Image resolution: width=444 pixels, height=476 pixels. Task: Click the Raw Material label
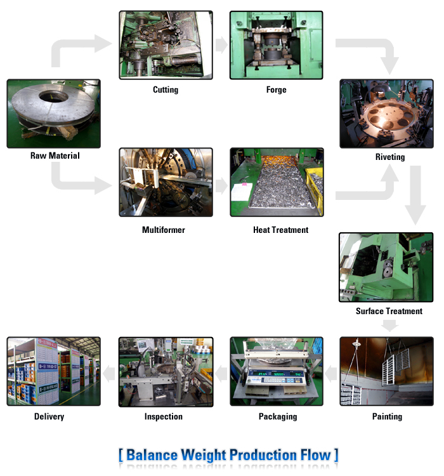click(x=55, y=155)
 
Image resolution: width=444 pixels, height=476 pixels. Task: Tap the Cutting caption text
click(x=166, y=89)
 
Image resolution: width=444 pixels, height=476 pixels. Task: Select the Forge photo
click(x=277, y=45)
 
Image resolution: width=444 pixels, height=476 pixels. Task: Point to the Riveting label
click(x=389, y=157)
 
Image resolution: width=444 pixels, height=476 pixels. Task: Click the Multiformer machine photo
click(x=166, y=182)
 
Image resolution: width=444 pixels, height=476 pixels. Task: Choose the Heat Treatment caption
click(x=280, y=230)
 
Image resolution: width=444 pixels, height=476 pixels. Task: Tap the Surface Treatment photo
click(x=387, y=267)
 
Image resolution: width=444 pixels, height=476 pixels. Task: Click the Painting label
click(x=387, y=416)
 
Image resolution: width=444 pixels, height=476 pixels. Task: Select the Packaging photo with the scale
click(x=277, y=372)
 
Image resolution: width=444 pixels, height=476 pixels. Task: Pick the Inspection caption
click(x=164, y=416)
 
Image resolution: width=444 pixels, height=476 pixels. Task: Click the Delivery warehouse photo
click(x=53, y=372)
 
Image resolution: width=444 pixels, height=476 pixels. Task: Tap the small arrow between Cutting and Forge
click(x=221, y=44)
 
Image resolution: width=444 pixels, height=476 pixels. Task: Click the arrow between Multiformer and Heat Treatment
click(x=221, y=186)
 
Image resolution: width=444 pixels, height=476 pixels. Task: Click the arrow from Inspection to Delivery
click(x=109, y=373)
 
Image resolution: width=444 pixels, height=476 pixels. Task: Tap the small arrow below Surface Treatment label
click(x=389, y=325)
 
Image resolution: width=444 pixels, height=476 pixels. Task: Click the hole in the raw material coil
click(x=53, y=98)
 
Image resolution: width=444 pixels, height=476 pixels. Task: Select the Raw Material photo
click(x=53, y=114)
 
